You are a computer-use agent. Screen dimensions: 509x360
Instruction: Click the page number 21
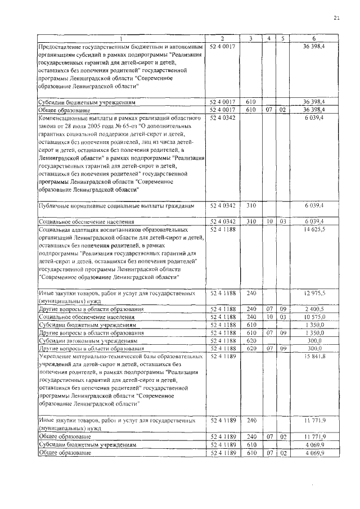point(337,18)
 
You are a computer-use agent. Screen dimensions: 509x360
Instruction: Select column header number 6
point(321,38)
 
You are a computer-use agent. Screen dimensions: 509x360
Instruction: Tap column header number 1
point(121,38)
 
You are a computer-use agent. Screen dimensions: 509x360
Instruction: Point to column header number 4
point(270,38)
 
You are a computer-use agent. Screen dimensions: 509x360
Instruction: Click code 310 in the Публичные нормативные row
point(251,206)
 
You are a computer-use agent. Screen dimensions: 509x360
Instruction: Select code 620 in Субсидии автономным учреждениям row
point(251,341)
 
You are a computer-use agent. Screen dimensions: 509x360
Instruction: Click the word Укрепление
point(55,357)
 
